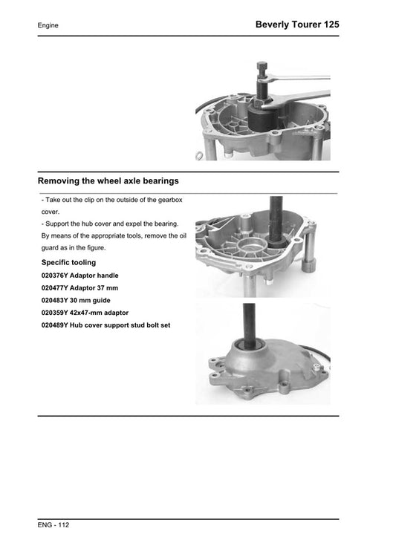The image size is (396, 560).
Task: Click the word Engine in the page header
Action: click(x=48, y=25)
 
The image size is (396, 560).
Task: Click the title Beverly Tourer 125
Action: click(x=297, y=25)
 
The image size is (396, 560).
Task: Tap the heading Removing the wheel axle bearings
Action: click(x=108, y=180)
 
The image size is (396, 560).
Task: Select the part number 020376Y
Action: click(x=55, y=276)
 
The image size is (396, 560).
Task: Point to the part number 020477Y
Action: click(x=55, y=288)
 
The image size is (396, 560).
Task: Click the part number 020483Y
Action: click(x=55, y=300)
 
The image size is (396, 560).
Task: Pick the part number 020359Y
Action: click(x=55, y=313)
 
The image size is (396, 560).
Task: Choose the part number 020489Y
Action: click(x=55, y=325)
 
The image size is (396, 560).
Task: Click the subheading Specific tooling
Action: click(x=68, y=262)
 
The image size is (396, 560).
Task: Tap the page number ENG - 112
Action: click(x=53, y=525)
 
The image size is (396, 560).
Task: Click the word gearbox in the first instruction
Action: click(x=170, y=200)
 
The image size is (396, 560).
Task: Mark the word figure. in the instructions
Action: click(x=96, y=248)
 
